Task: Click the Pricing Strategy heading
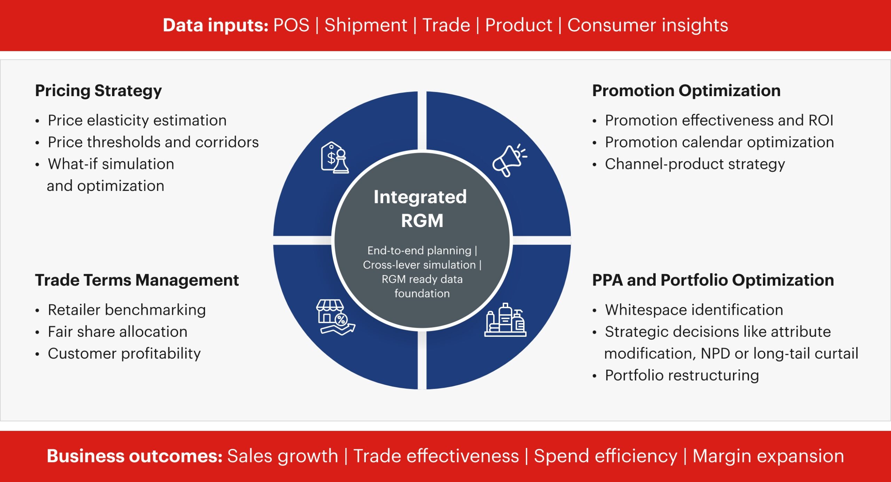click(98, 91)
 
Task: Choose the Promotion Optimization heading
click(686, 91)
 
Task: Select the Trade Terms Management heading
click(137, 280)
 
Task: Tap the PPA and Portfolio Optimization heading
click(713, 280)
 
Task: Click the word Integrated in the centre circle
click(420, 197)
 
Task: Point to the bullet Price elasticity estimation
click(137, 120)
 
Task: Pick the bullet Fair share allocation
click(118, 332)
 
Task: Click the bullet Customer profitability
click(124, 354)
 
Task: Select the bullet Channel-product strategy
click(695, 164)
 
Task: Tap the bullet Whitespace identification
click(694, 310)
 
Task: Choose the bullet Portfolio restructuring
click(682, 375)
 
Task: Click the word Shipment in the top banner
click(366, 25)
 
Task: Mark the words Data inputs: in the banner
click(215, 25)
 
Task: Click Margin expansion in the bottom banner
click(768, 456)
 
